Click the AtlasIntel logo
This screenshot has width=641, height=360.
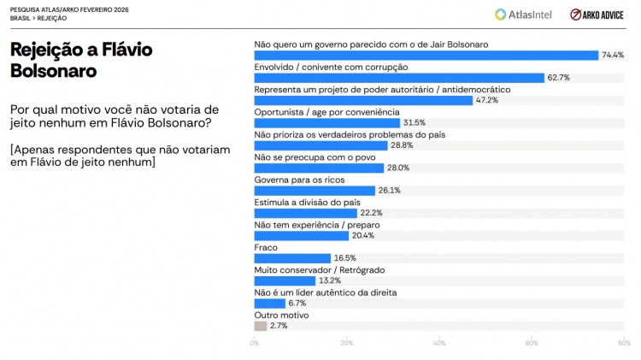(x=524, y=14)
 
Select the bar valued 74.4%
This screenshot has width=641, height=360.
(x=426, y=55)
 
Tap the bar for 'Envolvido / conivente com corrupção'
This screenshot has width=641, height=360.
(x=399, y=78)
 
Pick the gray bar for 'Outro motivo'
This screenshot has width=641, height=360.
(x=261, y=326)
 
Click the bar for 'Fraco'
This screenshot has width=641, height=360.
(x=292, y=258)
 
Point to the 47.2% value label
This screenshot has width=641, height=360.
(x=487, y=100)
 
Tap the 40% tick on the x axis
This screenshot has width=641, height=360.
(x=439, y=343)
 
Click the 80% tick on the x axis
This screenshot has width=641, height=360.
(x=624, y=343)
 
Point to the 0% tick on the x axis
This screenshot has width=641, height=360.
(x=255, y=343)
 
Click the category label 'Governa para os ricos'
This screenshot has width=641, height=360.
(x=298, y=180)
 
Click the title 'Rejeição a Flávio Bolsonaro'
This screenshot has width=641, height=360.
(x=81, y=60)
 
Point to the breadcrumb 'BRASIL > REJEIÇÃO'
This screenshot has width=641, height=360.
(x=38, y=17)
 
